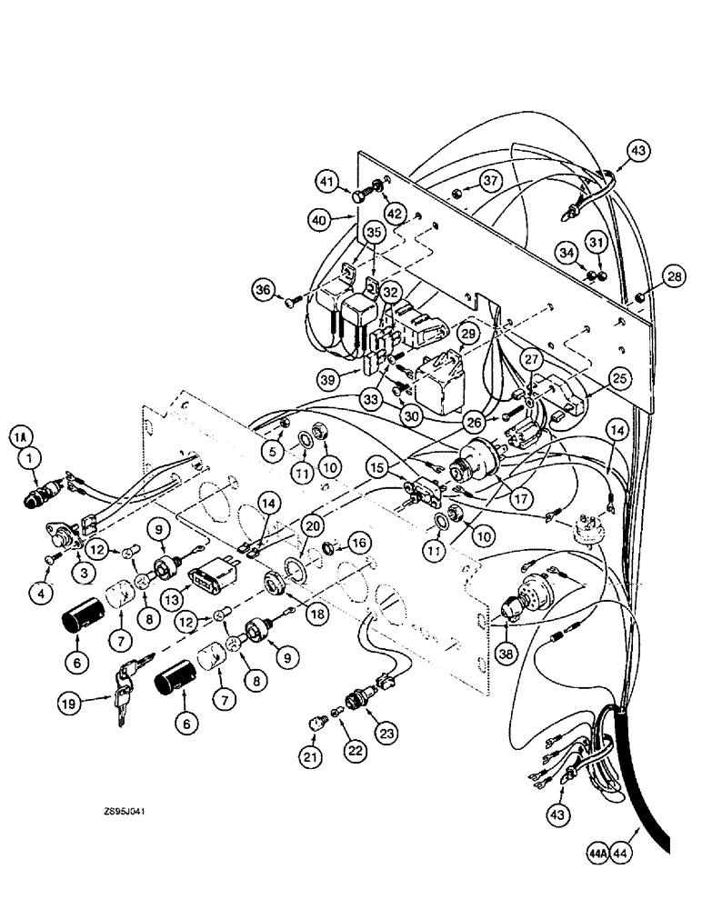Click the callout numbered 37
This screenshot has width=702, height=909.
(491, 181)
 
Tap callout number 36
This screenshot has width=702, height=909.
(264, 291)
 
